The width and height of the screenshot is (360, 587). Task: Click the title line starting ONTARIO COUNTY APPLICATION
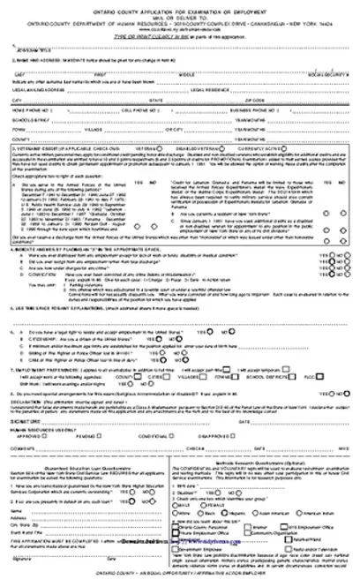[179, 6]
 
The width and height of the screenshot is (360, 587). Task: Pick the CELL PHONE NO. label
[145, 110]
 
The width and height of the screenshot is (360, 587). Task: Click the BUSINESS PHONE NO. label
[256, 110]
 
